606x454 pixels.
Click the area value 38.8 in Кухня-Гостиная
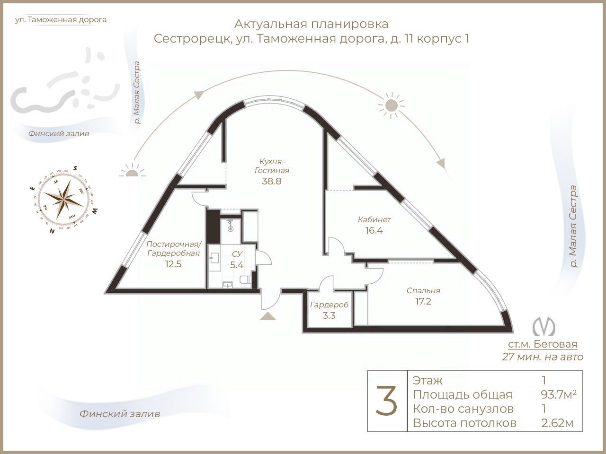[x=271, y=181]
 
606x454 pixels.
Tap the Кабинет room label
[x=374, y=220]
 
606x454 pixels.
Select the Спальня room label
[x=423, y=291]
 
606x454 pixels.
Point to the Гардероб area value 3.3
[x=329, y=315]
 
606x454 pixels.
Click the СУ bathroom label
[x=237, y=254]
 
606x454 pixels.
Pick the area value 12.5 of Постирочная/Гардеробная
[x=173, y=264]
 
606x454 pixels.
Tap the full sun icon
[x=391, y=105]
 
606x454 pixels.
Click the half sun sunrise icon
[x=131, y=171]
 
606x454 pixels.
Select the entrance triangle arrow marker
[x=268, y=316]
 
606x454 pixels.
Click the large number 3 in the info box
[x=387, y=401]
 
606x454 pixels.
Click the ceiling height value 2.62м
[x=557, y=423]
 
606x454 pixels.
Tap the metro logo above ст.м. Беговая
[x=543, y=326]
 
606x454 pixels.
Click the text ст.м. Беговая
[x=543, y=344]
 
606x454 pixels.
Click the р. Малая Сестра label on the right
[x=573, y=227]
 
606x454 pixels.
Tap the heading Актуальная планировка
[x=311, y=24]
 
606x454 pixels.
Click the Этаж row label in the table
[x=428, y=380]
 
